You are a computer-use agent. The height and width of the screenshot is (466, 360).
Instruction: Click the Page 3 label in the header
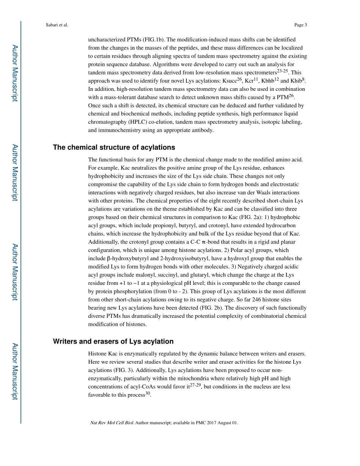click(300, 25)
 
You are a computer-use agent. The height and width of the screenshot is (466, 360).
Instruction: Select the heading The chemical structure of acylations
click(114, 147)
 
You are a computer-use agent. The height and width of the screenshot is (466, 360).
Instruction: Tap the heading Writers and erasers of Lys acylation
click(113, 341)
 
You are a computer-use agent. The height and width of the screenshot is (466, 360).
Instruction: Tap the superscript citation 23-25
click(283, 71)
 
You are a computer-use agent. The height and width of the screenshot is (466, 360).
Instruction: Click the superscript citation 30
click(148, 393)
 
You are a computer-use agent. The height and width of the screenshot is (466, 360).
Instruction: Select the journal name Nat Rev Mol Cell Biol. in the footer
click(112, 423)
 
